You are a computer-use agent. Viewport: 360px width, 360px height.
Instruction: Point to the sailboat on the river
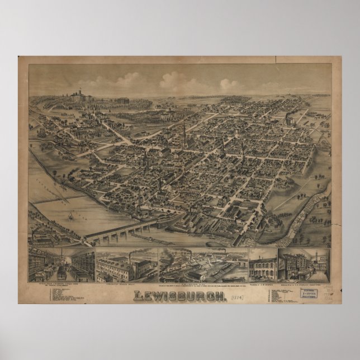(71, 215)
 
